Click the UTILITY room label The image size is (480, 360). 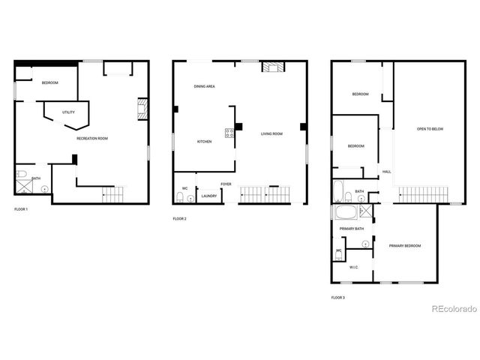click(68, 112)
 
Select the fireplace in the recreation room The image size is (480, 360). click(142, 110)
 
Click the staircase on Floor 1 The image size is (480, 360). click(113, 196)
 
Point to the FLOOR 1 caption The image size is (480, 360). click(21, 208)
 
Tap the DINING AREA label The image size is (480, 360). click(205, 87)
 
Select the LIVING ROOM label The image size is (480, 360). click(271, 134)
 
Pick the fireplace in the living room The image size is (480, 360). click(272, 67)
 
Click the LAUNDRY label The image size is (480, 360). click(208, 197)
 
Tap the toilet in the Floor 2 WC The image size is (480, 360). click(180, 197)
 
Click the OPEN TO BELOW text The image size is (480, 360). click(430, 129)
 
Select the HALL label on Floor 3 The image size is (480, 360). click(387, 172)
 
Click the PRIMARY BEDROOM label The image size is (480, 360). click(404, 246)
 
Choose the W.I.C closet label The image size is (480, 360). click(353, 268)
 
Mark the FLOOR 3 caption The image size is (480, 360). click(338, 298)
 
